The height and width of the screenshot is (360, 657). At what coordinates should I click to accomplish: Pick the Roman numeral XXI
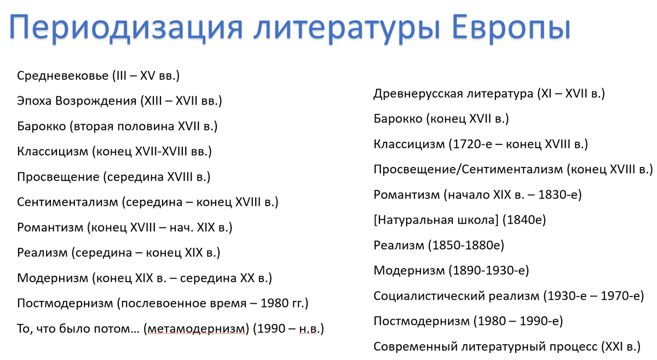pyautogui.click(x=614, y=346)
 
